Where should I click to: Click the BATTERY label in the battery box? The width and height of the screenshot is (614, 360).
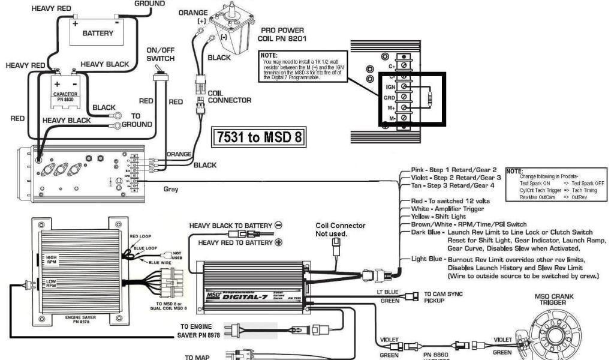coord(97,34)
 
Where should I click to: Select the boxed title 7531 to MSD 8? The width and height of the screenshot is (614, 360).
coord(258,137)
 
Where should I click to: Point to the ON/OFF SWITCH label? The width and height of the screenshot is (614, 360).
coord(160,54)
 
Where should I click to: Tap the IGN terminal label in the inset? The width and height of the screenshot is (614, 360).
coord(389,87)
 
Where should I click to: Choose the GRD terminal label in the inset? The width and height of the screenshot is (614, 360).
coord(389,97)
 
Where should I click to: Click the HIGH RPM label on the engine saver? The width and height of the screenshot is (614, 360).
coord(51,259)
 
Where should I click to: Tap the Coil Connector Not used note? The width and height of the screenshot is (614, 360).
coord(340,229)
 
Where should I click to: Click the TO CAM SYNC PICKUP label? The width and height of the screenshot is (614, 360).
coord(443,297)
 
